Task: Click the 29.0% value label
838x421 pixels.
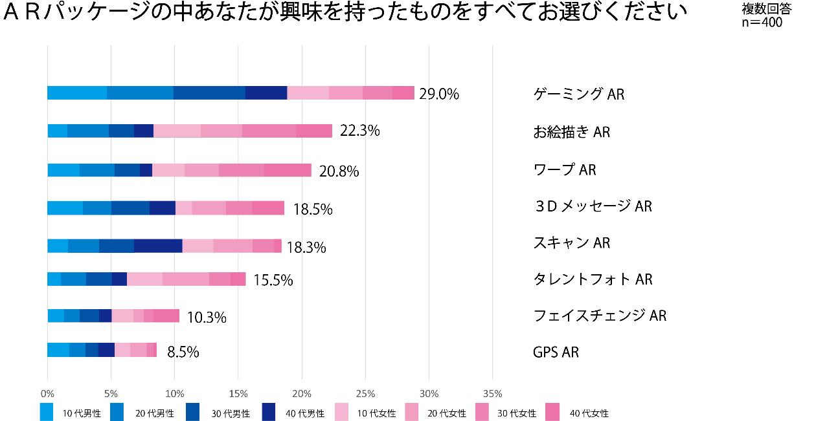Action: click(x=439, y=94)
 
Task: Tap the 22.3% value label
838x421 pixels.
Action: click(x=359, y=131)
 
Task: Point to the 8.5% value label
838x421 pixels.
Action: click(x=183, y=352)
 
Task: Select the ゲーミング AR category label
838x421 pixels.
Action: click(x=579, y=94)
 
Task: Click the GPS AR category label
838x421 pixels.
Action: click(x=556, y=352)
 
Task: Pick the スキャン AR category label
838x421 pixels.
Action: click(x=572, y=243)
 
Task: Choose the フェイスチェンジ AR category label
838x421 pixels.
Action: click(x=600, y=316)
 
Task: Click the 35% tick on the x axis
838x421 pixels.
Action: click(x=492, y=394)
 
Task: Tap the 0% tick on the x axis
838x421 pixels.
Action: click(x=47, y=394)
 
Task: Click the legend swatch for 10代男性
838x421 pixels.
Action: click(x=47, y=412)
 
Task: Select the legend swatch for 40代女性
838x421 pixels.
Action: click(x=552, y=412)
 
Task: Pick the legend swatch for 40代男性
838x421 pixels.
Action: click(x=270, y=412)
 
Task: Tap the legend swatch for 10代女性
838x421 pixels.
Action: click(x=343, y=412)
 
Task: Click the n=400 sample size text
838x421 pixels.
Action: click(x=762, y=23)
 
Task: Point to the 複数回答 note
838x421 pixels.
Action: click(x=767, y=10)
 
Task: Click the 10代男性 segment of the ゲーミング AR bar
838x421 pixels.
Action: click(x=77, y=92)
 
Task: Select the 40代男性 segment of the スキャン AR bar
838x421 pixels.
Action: click(x=158, y=246)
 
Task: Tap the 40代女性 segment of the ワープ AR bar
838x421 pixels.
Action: click(x=288, y=170)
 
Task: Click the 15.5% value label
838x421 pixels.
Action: click(x=273, y=280)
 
